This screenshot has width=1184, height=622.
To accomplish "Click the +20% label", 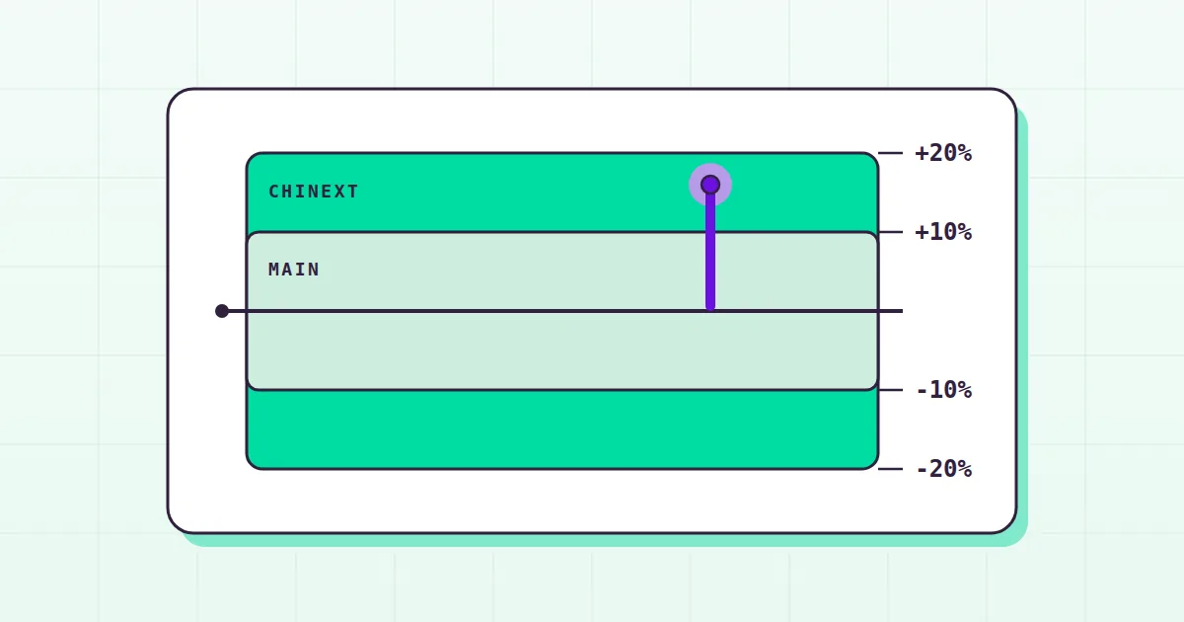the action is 943,153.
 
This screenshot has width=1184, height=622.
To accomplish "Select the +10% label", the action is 943,232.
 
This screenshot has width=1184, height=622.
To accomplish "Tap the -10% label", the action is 944,390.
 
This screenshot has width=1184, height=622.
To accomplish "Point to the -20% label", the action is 944,469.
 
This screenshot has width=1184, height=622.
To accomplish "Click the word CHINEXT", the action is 314,192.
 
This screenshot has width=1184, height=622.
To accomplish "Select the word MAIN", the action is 294,270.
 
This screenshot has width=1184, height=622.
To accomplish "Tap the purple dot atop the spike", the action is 710,185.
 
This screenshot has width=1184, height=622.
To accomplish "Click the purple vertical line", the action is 710,248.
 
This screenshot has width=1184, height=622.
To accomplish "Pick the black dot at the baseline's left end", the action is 222,311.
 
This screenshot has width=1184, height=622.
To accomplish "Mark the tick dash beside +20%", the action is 891,153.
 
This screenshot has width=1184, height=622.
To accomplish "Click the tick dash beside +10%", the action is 891,232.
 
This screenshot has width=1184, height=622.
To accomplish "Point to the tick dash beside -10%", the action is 891,390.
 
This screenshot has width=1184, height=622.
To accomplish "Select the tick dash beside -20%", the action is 891,469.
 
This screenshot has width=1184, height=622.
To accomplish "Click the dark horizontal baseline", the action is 562,311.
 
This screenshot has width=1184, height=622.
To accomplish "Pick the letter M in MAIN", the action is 274,270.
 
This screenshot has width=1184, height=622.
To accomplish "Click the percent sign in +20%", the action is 965,153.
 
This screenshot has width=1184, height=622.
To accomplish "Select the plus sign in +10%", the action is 923,232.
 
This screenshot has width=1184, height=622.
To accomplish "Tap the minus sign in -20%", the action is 923,469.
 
